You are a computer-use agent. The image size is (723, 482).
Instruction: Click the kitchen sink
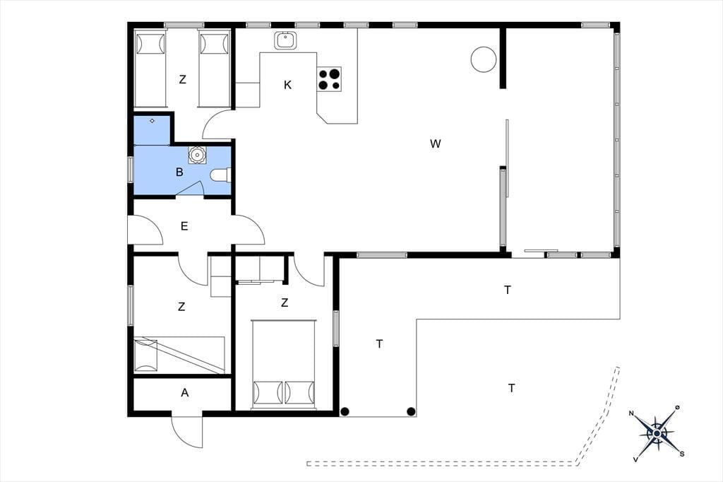tap(285, 40)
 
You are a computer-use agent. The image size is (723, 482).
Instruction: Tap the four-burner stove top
tap(329, 79)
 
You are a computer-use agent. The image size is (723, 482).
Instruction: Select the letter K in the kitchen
tap(288, 85)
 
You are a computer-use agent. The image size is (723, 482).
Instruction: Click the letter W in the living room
tap(435, 143)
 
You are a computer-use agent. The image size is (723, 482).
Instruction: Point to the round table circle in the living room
tap(484, 59)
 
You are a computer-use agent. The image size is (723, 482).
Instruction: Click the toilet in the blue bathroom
tap(220, 175)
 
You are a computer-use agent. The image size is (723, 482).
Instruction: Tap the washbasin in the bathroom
tap(198, 155)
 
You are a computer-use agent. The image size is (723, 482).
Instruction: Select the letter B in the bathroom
tap(179, 172)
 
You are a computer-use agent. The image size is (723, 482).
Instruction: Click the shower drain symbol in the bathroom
tap(153, 121)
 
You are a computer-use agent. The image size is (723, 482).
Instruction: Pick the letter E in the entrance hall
tap(184, 226)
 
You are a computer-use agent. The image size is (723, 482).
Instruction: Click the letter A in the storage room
tap(185, 393)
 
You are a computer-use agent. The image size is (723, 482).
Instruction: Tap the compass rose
tap(657, 433)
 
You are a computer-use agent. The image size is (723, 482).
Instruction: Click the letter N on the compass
tap(631, 413)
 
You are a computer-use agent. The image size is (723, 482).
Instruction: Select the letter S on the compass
tap(682, 454)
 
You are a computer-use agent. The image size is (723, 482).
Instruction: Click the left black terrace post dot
tap(345, 411)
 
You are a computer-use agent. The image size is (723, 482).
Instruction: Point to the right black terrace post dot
tap(411, 411)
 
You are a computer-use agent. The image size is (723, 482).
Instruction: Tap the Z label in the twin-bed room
tap(183, 79)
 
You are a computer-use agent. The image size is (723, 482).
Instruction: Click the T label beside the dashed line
tap(511, 388)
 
